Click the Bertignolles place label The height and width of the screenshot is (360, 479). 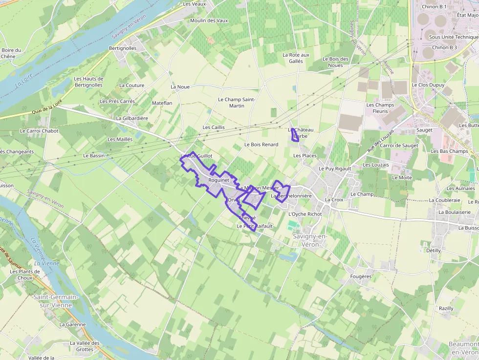click(x=123, y=48)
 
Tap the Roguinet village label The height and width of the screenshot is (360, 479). click(x=218, y=180)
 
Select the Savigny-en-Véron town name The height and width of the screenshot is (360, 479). click(x=309, y=240)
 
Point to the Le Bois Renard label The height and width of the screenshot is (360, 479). click(x=261, y=145)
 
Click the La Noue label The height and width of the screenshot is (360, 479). click(x=180, y=87)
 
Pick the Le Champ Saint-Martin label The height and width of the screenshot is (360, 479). click(x=237, y=103)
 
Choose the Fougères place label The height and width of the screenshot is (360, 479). click(x=361, y=276)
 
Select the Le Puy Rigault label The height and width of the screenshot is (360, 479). click(x=335, y=169)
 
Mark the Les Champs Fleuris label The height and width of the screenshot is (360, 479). click(x=380, y=108)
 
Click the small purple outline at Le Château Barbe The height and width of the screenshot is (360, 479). click(x=295, y=135)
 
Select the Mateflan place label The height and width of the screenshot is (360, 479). click(x=162, y=104)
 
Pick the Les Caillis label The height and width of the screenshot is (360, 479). click(x=214, y=127)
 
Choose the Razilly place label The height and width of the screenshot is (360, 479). click(x=446, y=309)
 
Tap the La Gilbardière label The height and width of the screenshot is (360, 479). click(x=132, y=118)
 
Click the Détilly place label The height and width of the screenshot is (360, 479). click(x=433, y=251)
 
